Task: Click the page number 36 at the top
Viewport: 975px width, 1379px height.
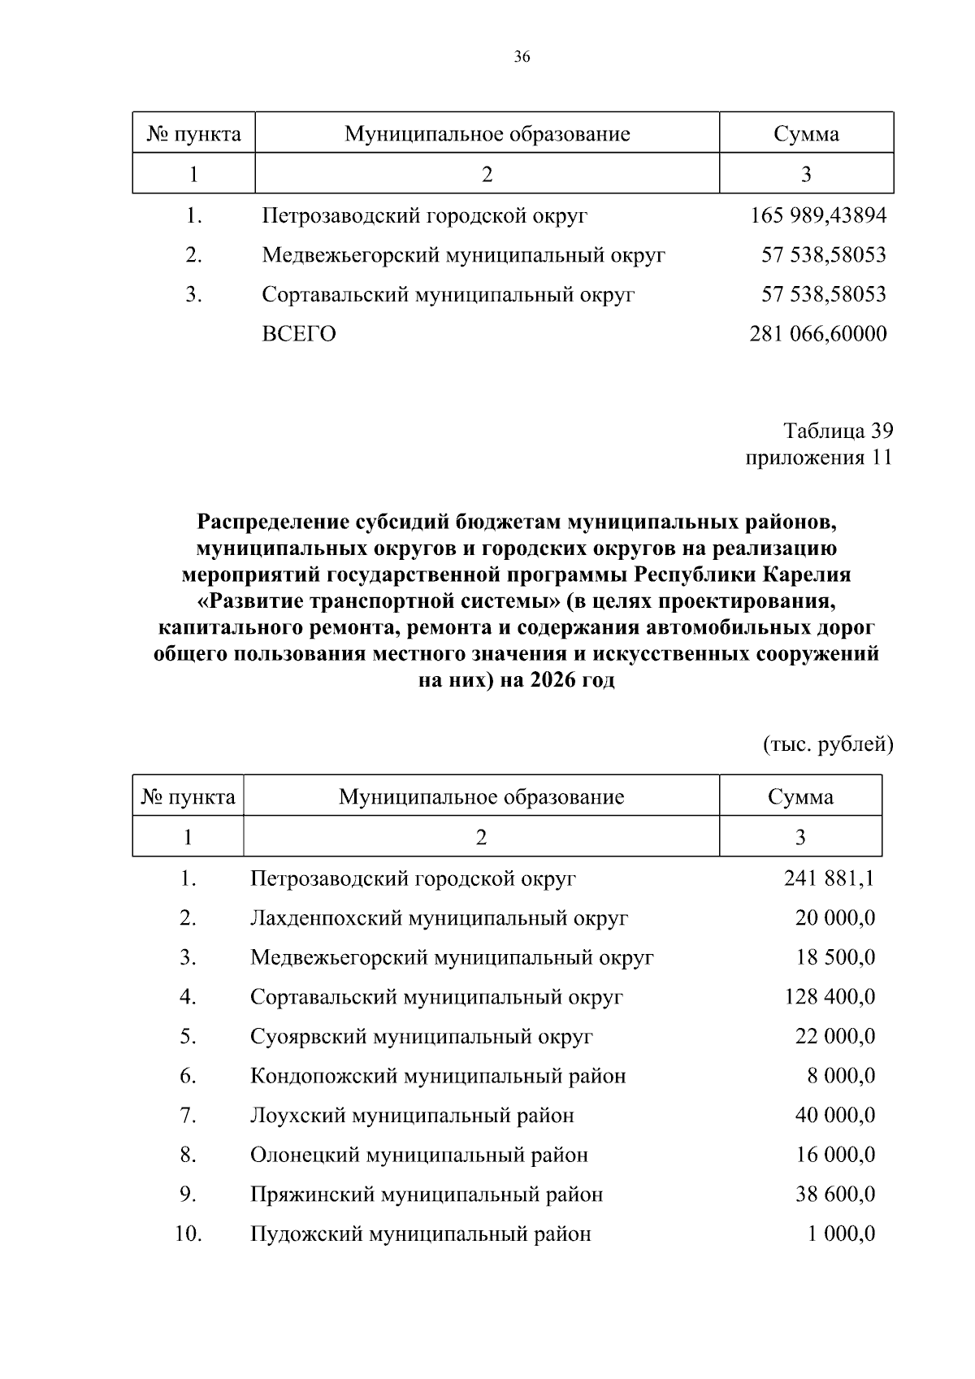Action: click(x=522, y=57)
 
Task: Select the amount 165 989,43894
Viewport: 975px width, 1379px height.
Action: click(x=818, y=216)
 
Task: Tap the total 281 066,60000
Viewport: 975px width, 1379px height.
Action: click(x=817, y=334)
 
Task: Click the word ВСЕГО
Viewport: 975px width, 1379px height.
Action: click(x=299, y=334)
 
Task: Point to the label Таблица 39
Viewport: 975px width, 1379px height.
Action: click(x=838, y=430)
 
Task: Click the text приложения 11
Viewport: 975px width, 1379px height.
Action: click(x=819, y=457)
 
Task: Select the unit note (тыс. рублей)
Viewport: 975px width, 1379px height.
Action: click(x=828, y=744)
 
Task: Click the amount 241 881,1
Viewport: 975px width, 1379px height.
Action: click(x=830, y=878)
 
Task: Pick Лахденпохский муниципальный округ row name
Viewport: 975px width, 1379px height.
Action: click(x=439, y=918)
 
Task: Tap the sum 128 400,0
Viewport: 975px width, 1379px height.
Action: click(x=830, y=997)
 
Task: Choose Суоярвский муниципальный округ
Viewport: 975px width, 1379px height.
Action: click(x=422, y=1037)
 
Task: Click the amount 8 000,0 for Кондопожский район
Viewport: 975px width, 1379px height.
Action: click(x=841, y=1076)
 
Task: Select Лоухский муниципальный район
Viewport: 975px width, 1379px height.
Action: click(x=412, y=1116)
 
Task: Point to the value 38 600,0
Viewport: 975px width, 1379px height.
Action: click(x=834, y=1195)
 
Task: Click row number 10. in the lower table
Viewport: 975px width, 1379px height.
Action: click(x=188, y=1234)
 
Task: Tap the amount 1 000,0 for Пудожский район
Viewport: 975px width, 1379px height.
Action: click(x=841, y=1234)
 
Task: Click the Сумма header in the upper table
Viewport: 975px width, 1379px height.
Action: click(x=806, y=133)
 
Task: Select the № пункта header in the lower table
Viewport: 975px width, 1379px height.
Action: click(x=188, y=797)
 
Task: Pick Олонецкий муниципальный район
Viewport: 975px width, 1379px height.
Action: click(x=418, y=1155)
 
